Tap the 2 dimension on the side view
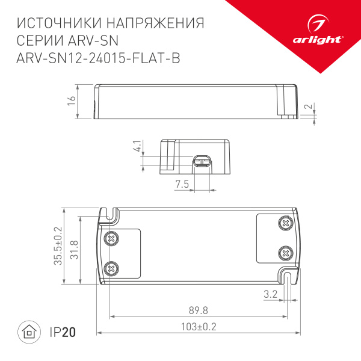[309, 108]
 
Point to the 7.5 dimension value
[182, 184]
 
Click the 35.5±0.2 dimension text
[58, 246]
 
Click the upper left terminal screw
[110, 238]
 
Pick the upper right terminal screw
[285, 223]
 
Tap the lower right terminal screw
[285, 253]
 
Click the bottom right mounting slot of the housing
[289, 277]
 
